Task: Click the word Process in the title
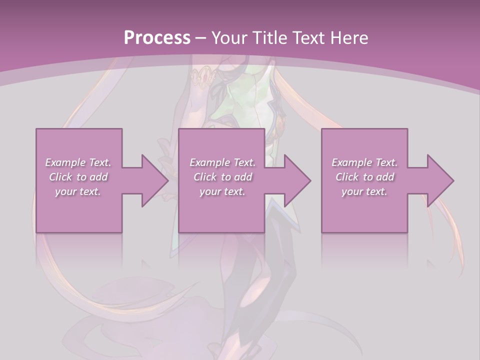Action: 157,37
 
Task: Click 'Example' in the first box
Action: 65,162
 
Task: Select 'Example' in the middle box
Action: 209,162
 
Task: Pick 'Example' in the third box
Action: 351,162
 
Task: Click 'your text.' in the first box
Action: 78,191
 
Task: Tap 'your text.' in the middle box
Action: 222,191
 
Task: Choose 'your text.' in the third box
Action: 364,191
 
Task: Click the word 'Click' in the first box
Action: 60,177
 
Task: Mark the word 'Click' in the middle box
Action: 205,177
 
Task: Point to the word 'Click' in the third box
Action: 347,177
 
